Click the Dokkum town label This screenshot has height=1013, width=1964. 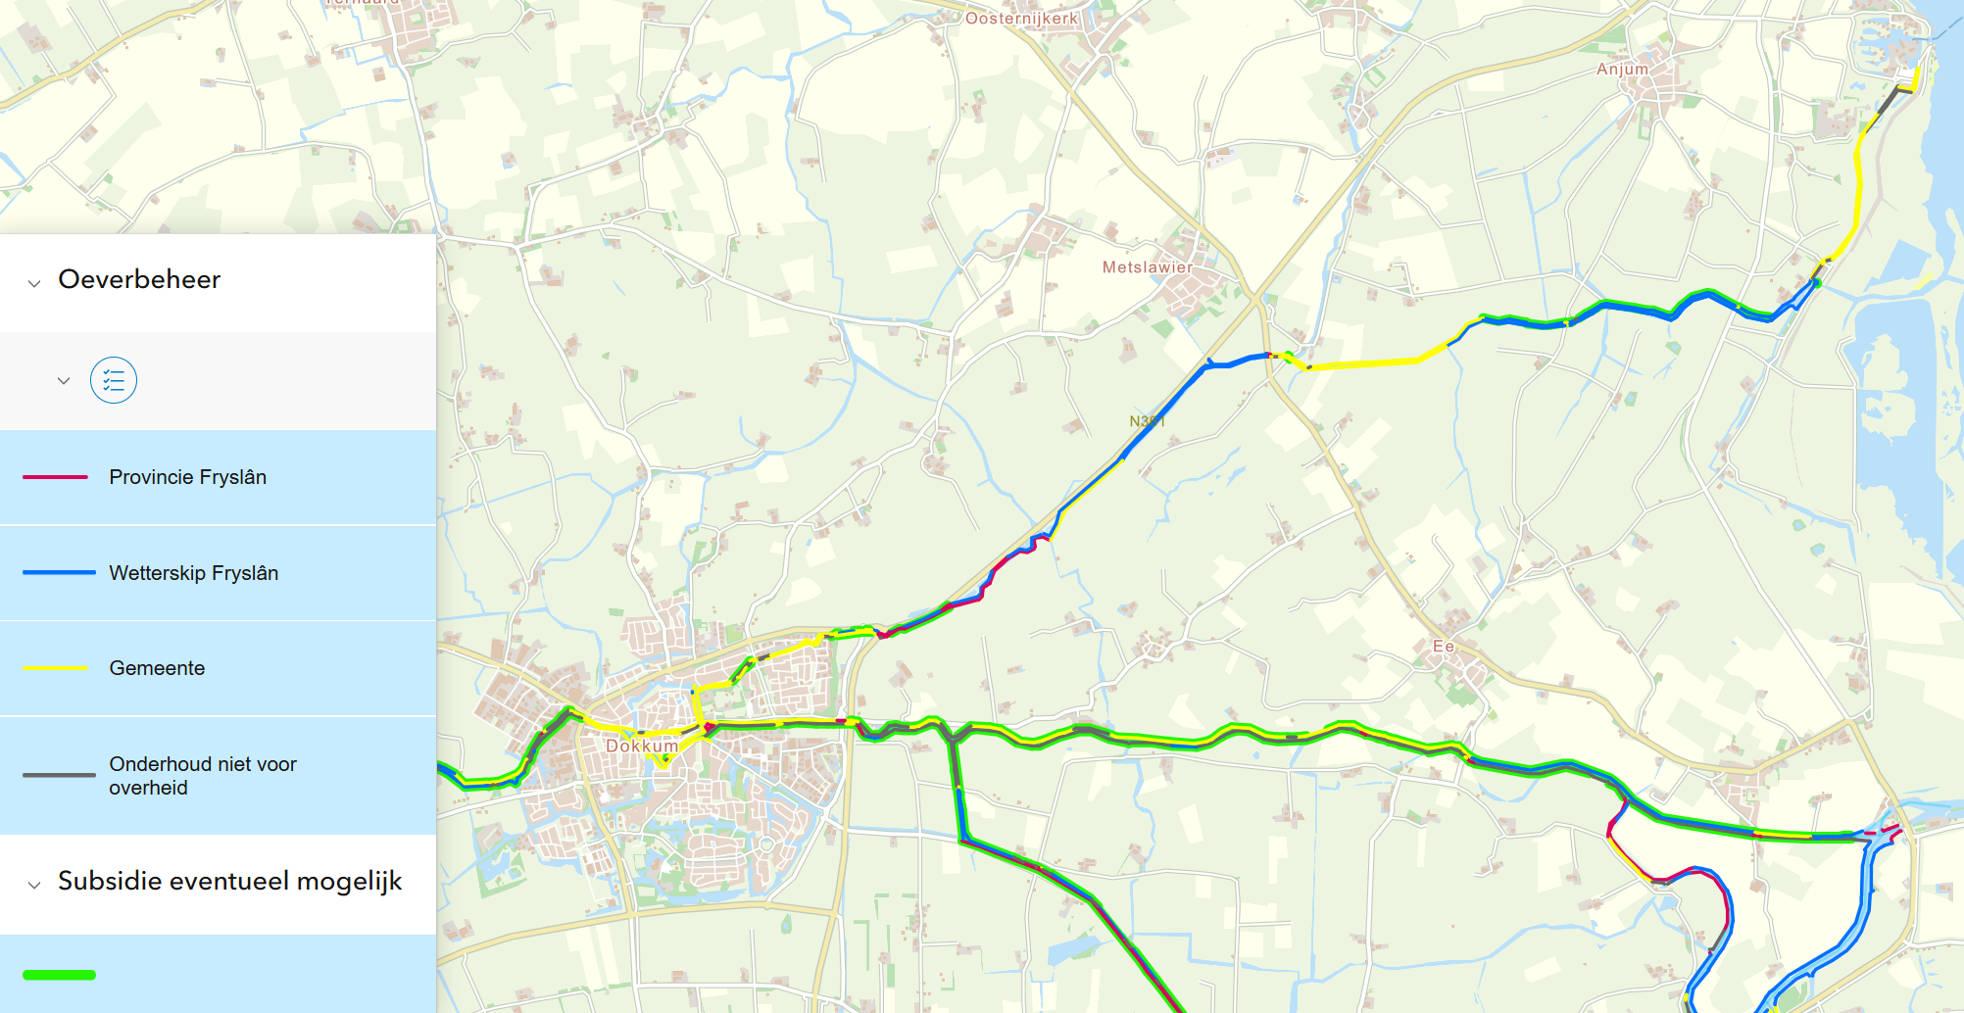pyautogui.click(x=642, y=746)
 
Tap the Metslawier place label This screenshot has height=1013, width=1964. pyautogui.click(x=1147, y=267)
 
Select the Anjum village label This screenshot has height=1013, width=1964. pyautogui.click(x=1622, y=70)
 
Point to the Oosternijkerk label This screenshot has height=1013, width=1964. pyautogui.click(x=1021, y=19)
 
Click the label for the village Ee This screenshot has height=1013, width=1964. pyautogui.click(x=1443, y=647)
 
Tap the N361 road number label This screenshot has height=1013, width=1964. pyautogui.click(x=1147, y=421)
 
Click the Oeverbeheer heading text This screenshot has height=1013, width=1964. pyautogui.click(x=139, y=280)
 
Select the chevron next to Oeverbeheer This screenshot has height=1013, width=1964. pyautogui.click(x=34, y=283)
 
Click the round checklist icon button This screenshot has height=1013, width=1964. pyautogui.click(x=114, y=380)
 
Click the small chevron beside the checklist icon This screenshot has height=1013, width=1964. pyautogui.click(x=64, y=380)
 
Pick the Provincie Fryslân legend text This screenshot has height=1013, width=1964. pyautogui.click(x=187, y=477)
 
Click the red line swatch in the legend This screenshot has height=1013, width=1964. pyautogui.click(x=55, y=477)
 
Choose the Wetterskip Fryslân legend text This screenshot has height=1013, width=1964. pyautogui.click(x=193, y=573)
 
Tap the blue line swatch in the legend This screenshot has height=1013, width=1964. pyautogui.click(x=59, y=573)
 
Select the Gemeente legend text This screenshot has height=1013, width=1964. pyautogui.click(x=157, y=668)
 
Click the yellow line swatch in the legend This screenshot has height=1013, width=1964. pyautogui.click(x=55, y=668)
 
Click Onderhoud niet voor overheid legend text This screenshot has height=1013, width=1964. pyautogui.click(x=202, y=776)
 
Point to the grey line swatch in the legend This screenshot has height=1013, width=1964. pyautogui.click(x=59, y=776)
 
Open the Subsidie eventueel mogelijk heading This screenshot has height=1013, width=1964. pyautogui.click(x=229, y=882)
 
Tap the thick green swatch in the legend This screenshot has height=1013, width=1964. pyautogui.click(x=59, y=975)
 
